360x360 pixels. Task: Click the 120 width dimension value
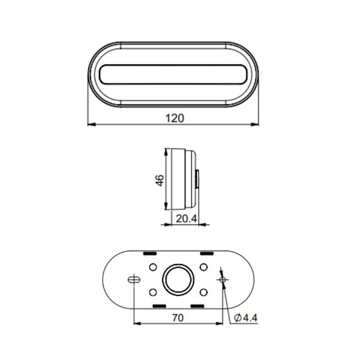[x=173, y=118]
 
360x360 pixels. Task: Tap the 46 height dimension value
[x=160, y=181]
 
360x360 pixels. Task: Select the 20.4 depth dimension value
[x=187, y=219]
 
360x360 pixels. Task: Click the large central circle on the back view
[x=178, y=280]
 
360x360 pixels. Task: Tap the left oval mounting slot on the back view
[x=133, y=280]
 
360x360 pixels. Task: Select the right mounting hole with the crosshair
[x=223, y=280]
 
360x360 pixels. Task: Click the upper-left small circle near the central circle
[x=152, y=266]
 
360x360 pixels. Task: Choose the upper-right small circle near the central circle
[x=204, y=266]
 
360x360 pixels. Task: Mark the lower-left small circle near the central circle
[x=152, y=293]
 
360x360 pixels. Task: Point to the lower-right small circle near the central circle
[x=204, y=293]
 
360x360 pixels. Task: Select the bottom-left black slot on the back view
[x=160, y=306]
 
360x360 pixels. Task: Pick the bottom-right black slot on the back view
[x=197, y=306]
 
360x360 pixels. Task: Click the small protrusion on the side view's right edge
[x=199, y=178]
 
